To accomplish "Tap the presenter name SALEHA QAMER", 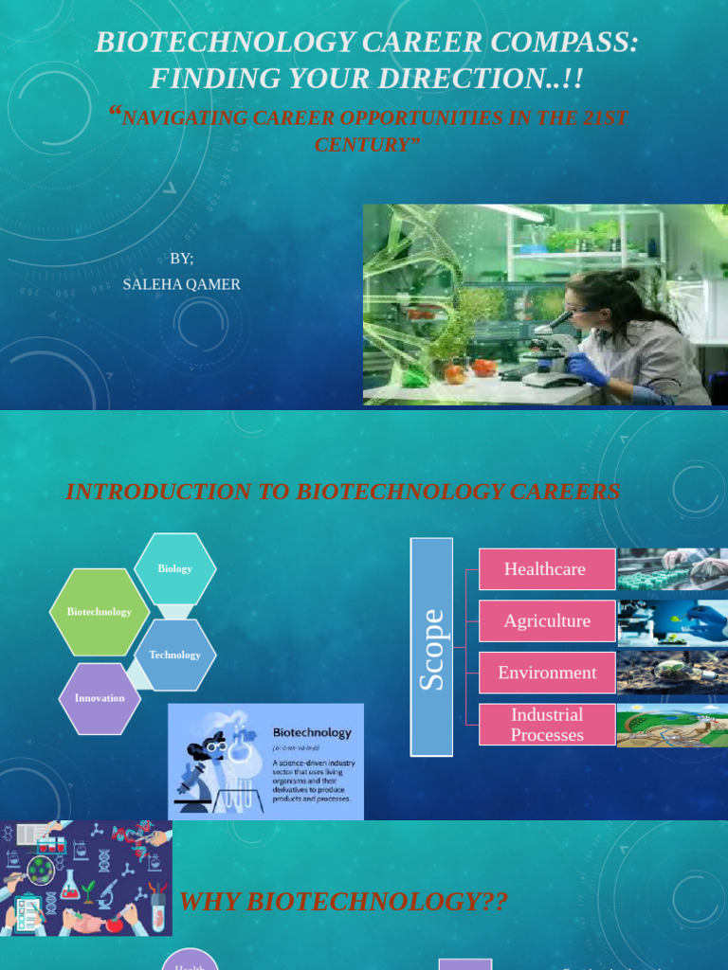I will point(182,284).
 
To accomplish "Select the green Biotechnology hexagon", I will point(100,612).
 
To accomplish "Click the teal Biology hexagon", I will point(174,568).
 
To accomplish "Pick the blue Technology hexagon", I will point(175,655).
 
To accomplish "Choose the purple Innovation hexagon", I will point(100,698).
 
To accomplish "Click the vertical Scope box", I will point(431,647).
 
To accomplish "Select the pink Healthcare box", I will point(547,569).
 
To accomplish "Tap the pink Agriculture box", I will point(547,621).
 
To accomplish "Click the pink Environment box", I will point(547,673).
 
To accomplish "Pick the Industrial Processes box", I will point(547,725).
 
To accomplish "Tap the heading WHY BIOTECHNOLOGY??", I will point(343,902).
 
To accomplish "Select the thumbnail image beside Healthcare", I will point(672,569).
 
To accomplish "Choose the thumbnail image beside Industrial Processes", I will point(672,725).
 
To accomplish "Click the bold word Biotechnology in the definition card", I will point(312,732).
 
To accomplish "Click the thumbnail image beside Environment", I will point(672,673).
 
